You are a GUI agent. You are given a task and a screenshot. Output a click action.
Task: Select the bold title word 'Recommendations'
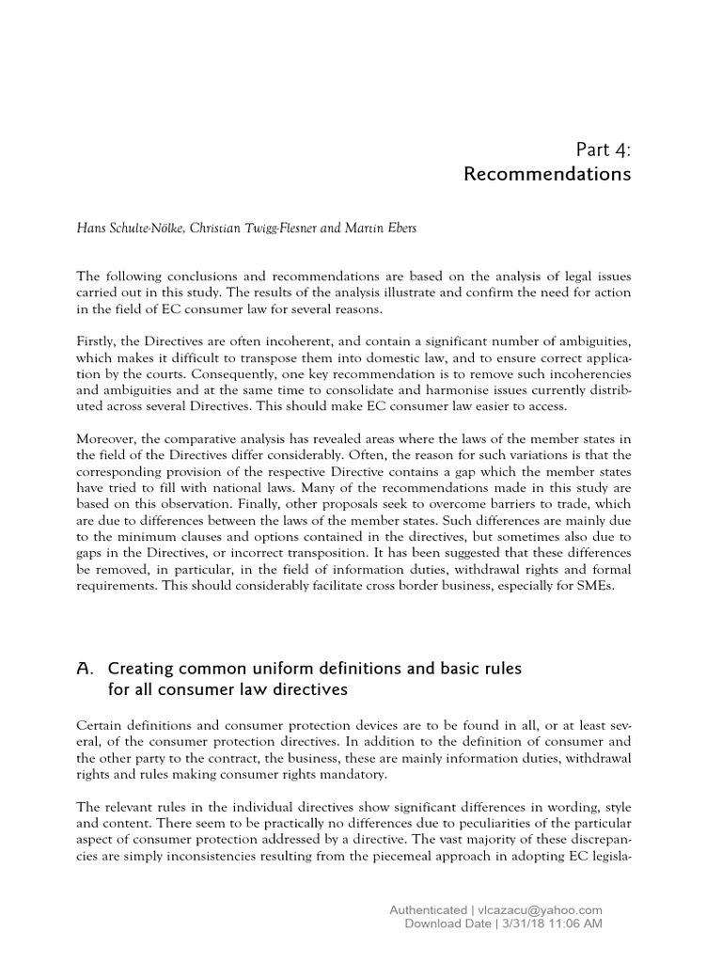pos(548,175)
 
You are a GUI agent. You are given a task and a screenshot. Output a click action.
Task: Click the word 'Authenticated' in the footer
pos(428,909)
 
